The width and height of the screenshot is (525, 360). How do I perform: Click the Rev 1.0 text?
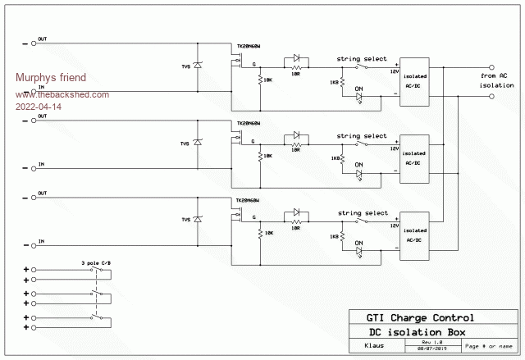[x=432, y=342]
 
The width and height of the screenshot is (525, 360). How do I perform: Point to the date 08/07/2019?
[x=432, y=349]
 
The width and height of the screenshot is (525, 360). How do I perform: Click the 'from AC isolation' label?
[x=498, y=80]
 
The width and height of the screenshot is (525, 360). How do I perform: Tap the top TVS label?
[x=185, y=66]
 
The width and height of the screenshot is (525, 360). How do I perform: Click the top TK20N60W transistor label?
[x=249, y=47]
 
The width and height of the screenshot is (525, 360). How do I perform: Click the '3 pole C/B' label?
[x=92, y=262]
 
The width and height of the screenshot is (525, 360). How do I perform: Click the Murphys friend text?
[x=51, y=78]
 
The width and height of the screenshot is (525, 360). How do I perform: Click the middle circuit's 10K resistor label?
[x=267, y=156]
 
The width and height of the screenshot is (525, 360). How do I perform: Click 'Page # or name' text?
[x=487, y=345]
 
